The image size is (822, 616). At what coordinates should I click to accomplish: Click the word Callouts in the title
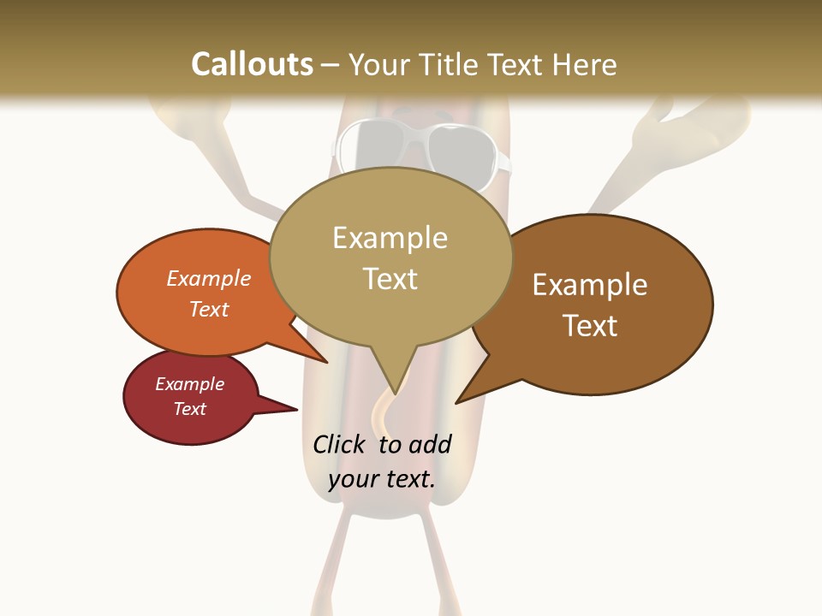[x=252, y=64]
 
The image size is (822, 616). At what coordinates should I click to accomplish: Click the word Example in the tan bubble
[x=390, y=238]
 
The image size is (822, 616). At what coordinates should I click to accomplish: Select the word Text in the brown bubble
[x=590, y=326]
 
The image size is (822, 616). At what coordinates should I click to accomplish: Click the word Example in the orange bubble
[x=209, y=278]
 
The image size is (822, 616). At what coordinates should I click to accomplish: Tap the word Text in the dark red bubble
[x=190, y=409]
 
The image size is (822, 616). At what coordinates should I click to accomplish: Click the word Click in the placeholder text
[x=339, y=444]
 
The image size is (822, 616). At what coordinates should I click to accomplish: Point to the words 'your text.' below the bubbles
[x=382, y=479]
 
